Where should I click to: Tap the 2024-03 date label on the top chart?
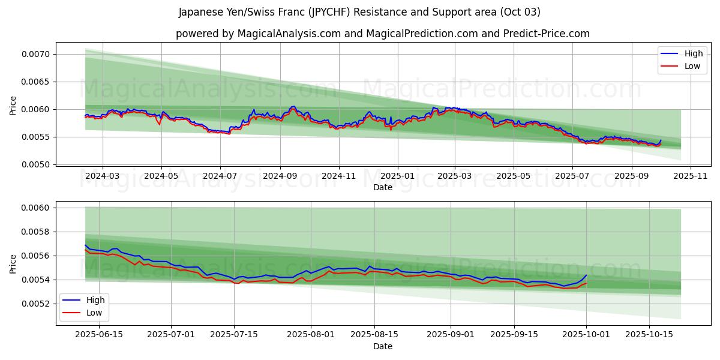click(x=102, y=176)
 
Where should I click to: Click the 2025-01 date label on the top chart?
click(x=397, y=176)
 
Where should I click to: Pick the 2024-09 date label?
click(x=280, y=176)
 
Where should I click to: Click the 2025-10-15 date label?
click(x=648, y=335)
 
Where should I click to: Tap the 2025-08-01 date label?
click(x=311, y=335)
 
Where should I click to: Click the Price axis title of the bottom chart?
click(x=13, y=263)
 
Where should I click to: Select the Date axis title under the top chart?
click(x=383, y=187)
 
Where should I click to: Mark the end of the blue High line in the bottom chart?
click(x=586, y=275)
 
